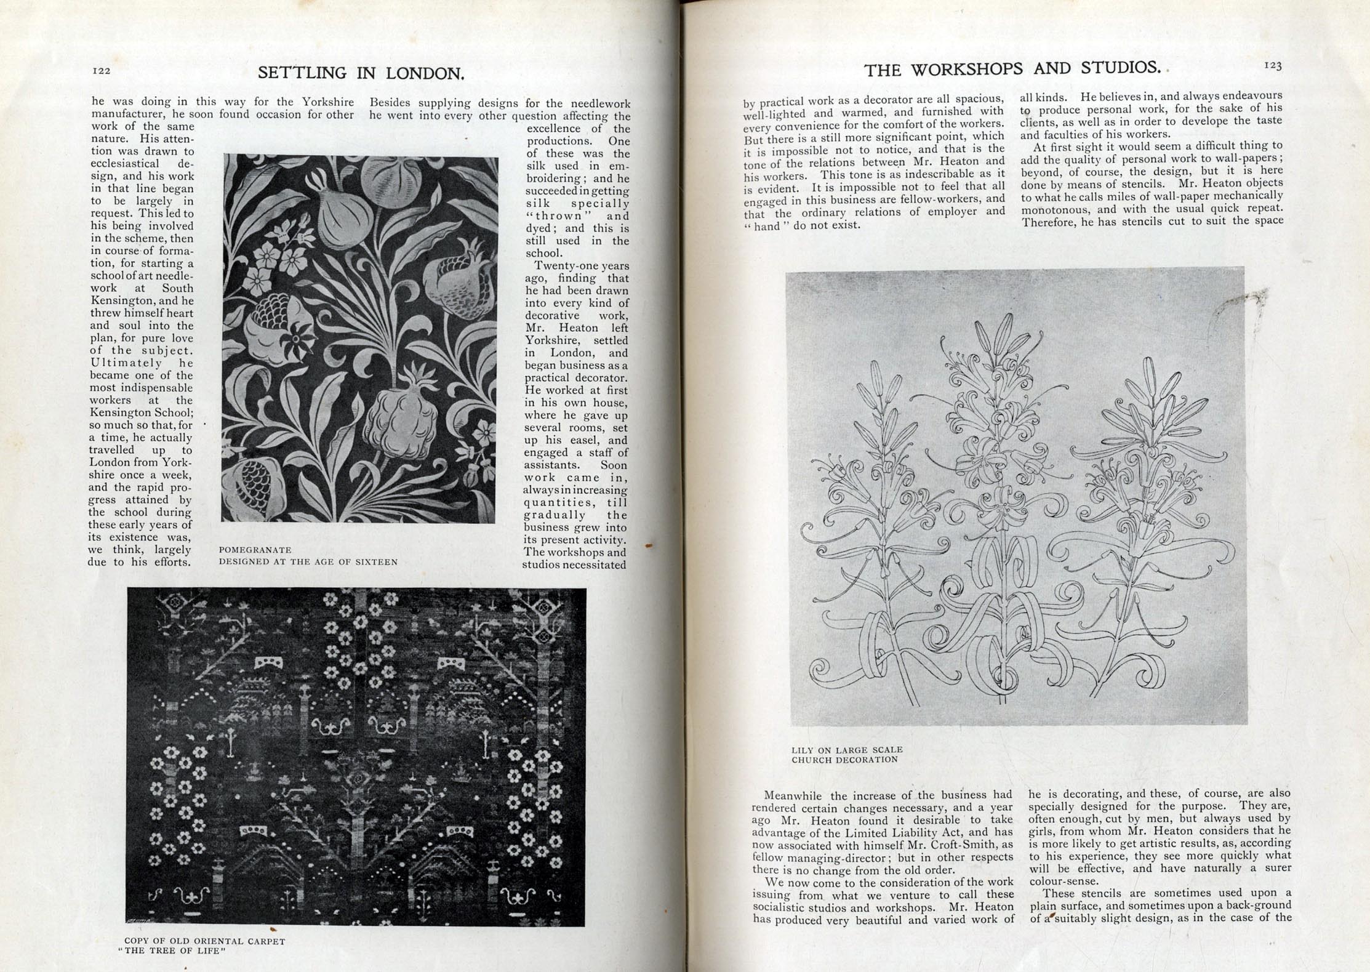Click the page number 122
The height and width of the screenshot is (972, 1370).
coord(102,71)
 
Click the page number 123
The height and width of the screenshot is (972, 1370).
coord(1272,65)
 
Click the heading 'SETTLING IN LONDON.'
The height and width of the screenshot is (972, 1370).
coord(361,73)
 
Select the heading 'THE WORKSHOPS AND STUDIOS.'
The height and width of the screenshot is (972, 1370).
coord(1012,69)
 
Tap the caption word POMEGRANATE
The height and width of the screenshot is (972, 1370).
coord(255,550)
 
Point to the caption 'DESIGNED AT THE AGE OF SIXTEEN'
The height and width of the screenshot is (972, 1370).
coord(308,562)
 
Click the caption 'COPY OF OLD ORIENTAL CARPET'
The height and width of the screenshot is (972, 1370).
coord(205,941)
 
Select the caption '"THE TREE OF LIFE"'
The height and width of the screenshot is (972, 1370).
coord(172,951)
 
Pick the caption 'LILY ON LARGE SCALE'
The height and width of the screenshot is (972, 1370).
coord(847,750)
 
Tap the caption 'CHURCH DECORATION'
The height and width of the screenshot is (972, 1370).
coord(844,760)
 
